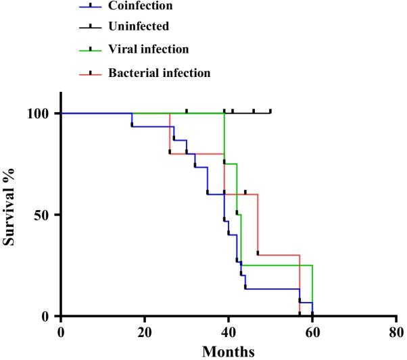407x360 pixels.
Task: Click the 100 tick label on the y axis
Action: click(x=42, y=113)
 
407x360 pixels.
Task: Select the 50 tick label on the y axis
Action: click(x=45, y=215)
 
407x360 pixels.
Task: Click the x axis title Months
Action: click(x=229, y=351)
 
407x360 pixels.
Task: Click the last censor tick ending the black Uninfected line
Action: click(x=270, y=111)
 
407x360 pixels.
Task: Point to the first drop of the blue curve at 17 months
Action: click(x=132, y=120)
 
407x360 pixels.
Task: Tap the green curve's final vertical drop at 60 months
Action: click(x=312, y=290)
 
